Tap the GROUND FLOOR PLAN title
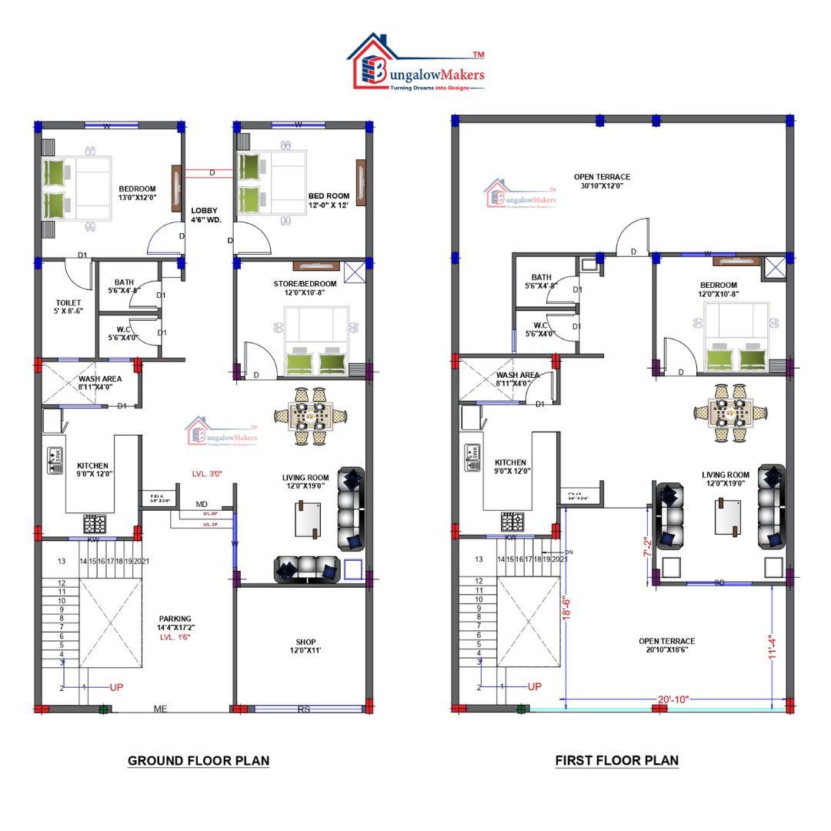(x=199, y=761)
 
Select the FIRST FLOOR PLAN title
(x=617, y=761)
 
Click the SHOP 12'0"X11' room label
(x=305, y=646)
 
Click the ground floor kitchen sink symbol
(x=55, y=456)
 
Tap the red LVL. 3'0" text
(x=208, y=475)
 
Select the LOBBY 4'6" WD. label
(x=205, y=215)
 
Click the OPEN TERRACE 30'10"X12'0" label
(x=602, y=182)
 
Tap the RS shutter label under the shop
(x=304, y=709)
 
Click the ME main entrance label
(x=161, y=709)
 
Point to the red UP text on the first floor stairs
(x=535, y=686)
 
